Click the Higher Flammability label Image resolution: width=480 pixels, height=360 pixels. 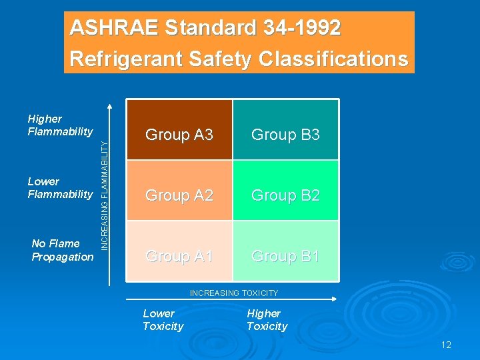point(60,125)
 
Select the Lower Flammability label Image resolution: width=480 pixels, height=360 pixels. point(60,188)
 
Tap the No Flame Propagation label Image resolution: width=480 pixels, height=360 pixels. point(63,250)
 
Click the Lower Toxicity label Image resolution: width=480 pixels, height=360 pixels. point(163,320)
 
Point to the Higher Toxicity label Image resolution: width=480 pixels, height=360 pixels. point(267,320)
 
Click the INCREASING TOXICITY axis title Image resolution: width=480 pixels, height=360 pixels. point(234,293)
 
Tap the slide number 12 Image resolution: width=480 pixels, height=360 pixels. point(446,345)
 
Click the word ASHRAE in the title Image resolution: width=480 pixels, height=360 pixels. point(114,28)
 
